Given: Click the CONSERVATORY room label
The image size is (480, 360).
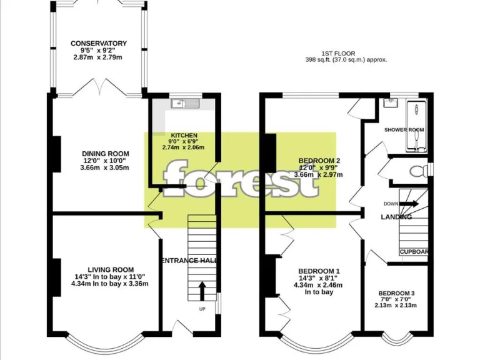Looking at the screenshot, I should (x=99, y=43).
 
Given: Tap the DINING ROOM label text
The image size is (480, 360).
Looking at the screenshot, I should (x=105, y=154).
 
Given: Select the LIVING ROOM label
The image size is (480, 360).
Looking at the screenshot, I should (x=110, y=269).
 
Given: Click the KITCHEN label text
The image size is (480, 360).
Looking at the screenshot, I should (x=184, y=135).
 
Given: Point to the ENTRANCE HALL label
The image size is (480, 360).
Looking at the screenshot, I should (x=189, y=261).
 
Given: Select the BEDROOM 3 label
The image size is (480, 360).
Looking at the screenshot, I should (x=396, y=293).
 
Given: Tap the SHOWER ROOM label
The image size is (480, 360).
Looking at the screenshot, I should (x=404, y=130).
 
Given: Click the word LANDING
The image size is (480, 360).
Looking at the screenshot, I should (x=397, y=217).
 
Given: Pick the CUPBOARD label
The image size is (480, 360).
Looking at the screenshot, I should (x=414, y=252).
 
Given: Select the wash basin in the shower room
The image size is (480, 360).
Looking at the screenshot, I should (x=392, y=104).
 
